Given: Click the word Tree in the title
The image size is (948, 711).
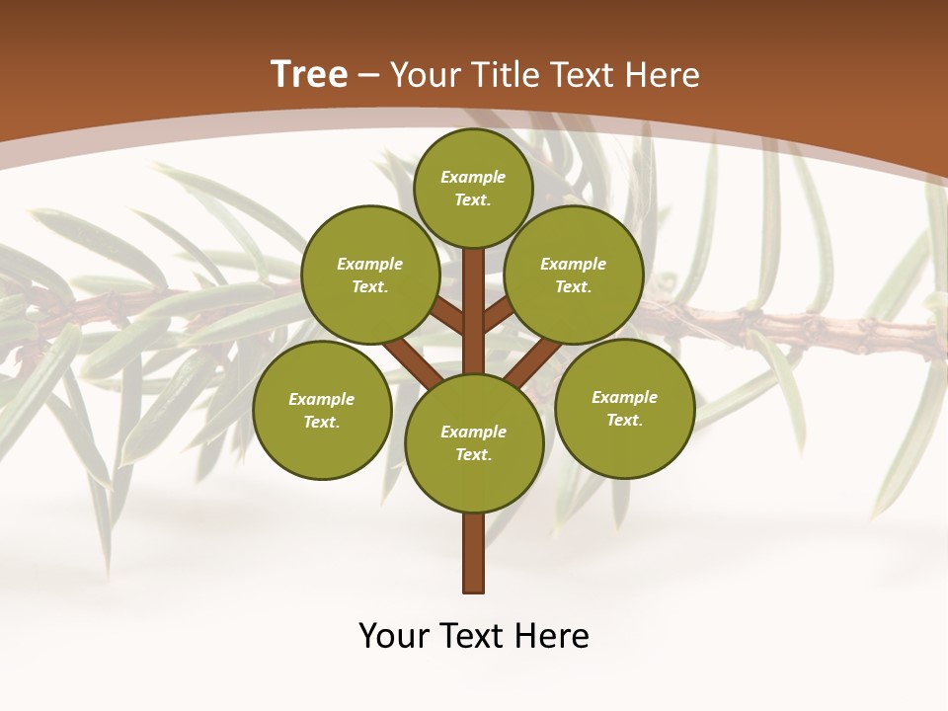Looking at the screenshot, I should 309,75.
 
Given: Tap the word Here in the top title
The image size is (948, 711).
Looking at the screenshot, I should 663,75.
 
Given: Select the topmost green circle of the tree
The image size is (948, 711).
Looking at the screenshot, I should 473,188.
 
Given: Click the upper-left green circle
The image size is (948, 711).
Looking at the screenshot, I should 370,275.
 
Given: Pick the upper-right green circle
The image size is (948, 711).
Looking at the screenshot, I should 574,275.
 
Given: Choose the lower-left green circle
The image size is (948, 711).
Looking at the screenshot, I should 322,410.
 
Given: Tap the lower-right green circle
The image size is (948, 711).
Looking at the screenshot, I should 624,408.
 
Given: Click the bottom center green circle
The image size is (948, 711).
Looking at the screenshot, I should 474,442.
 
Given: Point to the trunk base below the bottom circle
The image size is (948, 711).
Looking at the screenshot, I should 474,553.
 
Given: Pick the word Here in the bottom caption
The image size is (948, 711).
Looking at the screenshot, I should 554,636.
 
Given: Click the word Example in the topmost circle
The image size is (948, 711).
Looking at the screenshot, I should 473,177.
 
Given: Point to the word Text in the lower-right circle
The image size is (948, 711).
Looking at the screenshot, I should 624,420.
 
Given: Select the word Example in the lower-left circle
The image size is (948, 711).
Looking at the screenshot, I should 322,399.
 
